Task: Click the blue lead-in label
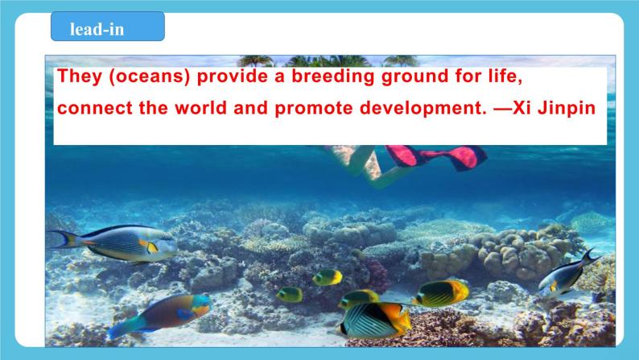click(x=108, y=27)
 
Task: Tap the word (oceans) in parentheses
click(x=150, y=77)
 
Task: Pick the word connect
click(x=95, y=109)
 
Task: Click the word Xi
click(x=522, y=108)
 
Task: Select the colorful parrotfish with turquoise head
click(x=161, y=314)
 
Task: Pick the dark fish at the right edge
click(x=567, y=272)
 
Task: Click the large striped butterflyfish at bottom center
click(x=374, y=319)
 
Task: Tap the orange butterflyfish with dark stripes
click(x=442, y=292)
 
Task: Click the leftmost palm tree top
click(x=255, y=60)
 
